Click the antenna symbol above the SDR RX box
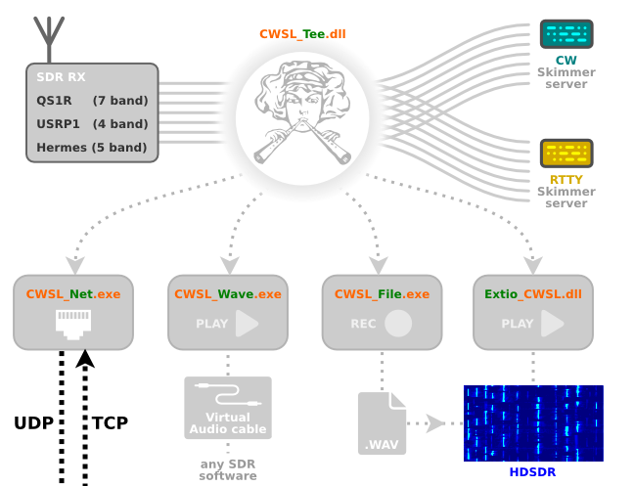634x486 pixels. point(49,39)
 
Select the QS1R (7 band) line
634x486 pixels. point(92,100)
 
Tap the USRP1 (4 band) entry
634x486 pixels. point(92,123)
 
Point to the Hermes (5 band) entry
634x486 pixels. point(92,147)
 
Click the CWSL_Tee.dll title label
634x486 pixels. point(302,34)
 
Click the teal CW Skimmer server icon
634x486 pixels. point(566,34)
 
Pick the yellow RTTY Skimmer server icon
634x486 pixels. point(566,154)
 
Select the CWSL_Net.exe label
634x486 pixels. point(73,293)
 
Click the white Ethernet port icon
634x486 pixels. point(73,325)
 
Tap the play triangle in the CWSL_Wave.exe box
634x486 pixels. point(247,324)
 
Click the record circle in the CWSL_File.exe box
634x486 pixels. point(398,324)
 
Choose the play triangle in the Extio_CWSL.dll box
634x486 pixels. point(552,324)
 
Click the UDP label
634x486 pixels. point(33,423)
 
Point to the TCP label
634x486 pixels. point(110,423)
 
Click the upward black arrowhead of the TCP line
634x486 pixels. point(85,359)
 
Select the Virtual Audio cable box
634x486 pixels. point(228,408)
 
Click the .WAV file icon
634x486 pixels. point(382,423)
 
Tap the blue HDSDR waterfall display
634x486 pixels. point(533,423)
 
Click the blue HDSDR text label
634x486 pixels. point(532,472)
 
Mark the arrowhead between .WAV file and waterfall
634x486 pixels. point(434,423)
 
